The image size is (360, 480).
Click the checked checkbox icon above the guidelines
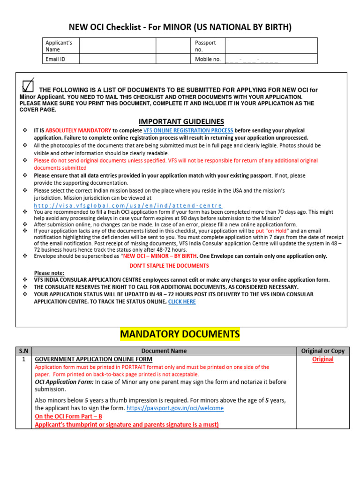28,85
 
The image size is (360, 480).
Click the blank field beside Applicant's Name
117,45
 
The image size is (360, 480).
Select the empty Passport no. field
270,45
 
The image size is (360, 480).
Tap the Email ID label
55,59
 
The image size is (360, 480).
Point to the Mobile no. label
208,59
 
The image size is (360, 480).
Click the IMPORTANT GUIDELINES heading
181,121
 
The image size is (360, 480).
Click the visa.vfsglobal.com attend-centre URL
128,206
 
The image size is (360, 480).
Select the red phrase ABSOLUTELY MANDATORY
78,130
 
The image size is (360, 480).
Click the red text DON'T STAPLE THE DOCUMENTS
169,266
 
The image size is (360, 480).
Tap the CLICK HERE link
182,302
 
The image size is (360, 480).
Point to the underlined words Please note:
49,273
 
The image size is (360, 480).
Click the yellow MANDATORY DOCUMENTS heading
180,334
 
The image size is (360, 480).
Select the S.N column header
23,351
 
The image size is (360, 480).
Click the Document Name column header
164,351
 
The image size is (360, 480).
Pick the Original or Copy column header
323,351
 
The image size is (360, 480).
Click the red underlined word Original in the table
323,359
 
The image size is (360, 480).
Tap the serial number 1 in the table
23,359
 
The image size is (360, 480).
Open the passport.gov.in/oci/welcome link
174,408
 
